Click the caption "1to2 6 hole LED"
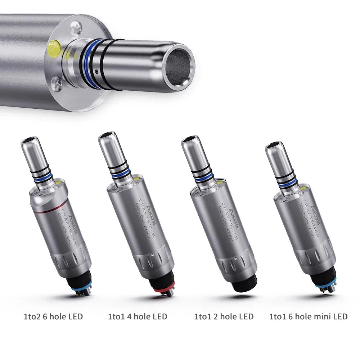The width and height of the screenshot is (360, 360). point(53,317)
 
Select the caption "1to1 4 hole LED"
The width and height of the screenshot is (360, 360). point(138,317)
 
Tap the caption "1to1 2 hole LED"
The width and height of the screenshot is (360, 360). point(224,317)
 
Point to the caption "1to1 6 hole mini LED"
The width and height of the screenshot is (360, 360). point(308,317)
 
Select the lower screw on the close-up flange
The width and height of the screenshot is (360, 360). point(57,84)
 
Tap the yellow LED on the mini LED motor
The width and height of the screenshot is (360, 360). point(303,188)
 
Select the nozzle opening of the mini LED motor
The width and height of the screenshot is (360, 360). point(273,145)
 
